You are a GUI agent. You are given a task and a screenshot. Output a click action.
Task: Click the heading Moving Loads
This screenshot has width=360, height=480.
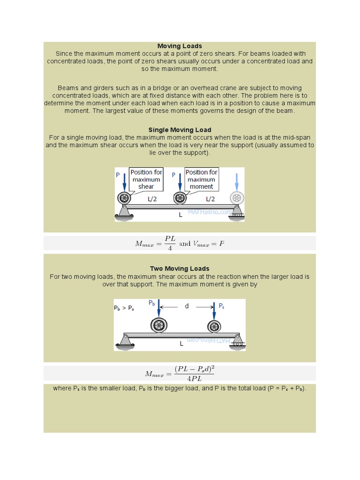point(180,46)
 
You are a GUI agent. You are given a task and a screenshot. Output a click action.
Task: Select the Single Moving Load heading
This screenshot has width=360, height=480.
point(180,130)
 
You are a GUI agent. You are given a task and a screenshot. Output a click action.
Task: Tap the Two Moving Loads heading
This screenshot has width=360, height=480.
point(180,269)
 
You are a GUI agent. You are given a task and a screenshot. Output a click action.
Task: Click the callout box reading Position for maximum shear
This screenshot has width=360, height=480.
point(146,180)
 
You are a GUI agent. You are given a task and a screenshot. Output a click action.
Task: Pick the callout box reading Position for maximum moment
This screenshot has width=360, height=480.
point(201,180)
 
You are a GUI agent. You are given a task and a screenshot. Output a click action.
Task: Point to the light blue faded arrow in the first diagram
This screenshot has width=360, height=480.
point(236,182)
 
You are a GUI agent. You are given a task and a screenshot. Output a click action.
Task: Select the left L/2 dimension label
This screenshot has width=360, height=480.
point(152,199)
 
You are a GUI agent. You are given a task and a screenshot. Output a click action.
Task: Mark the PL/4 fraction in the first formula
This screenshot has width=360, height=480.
point(170,243)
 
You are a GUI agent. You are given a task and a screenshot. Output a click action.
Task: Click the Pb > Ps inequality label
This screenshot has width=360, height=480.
point(124,308)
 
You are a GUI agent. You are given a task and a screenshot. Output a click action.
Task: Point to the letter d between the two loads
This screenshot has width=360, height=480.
point(187,306)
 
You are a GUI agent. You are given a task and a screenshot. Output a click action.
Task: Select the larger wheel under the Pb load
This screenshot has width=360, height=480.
point(159,325)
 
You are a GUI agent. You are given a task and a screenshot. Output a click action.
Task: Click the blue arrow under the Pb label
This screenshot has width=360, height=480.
point(159,310)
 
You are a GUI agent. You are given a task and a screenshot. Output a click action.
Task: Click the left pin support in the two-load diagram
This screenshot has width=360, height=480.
point(125,341)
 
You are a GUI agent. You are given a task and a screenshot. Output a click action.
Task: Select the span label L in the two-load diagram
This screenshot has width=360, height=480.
point(181,344)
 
